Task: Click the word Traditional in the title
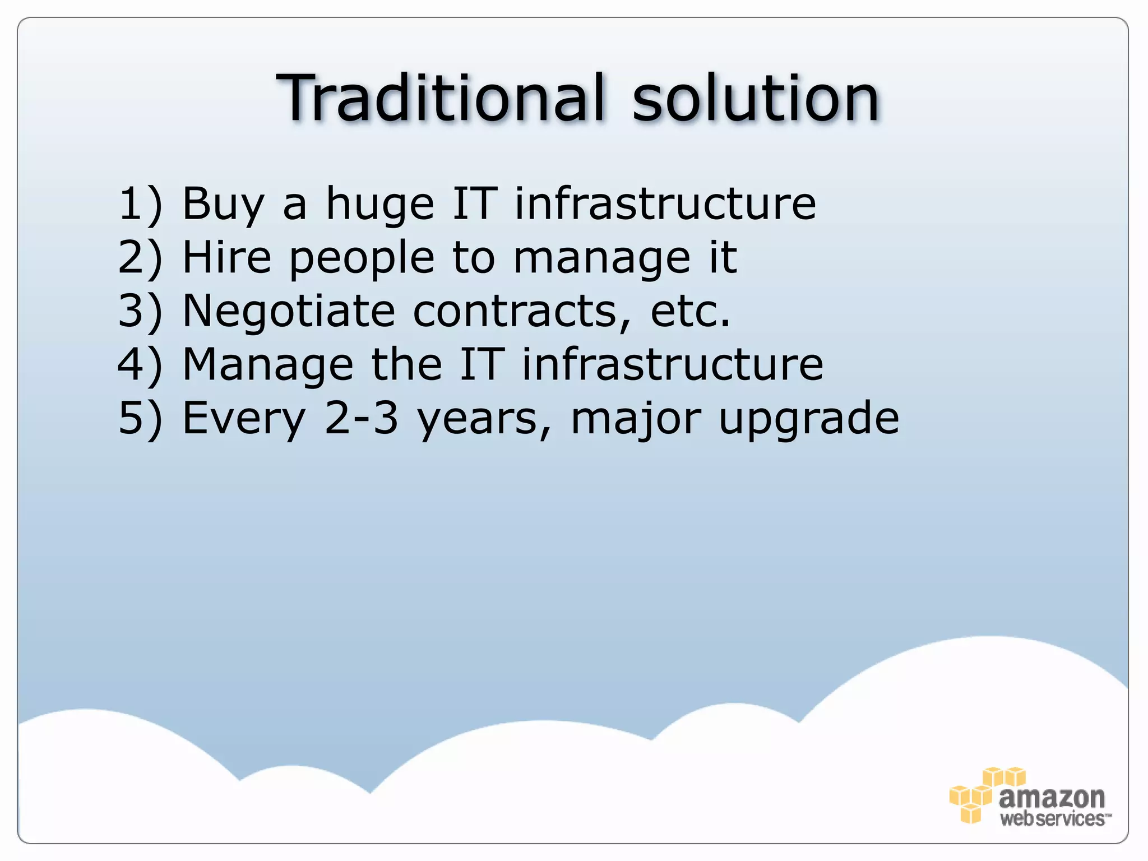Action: tap(441, 99)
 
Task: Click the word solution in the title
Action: tap(755, 99)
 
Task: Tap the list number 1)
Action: tap(140, 204)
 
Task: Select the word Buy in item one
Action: tap(223, 204)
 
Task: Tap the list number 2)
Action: tap(140, 258)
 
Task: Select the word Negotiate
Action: tap(289, 312)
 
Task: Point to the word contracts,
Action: tap(522, 312)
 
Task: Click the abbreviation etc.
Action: tap(691, 312)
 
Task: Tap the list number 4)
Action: tap(140, 365)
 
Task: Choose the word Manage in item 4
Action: tap(267, 365)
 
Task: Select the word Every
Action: tap(244, 419)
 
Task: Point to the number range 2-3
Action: tap(362, 418)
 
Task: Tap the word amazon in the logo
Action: tap(1052, 797)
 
